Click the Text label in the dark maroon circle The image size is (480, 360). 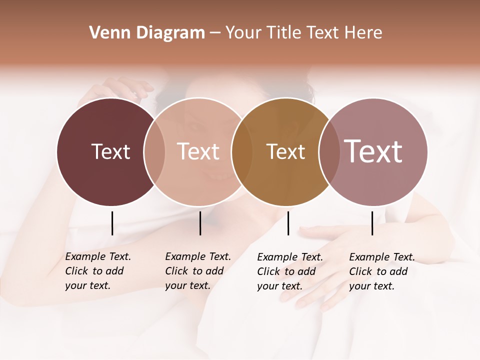click(110, 152)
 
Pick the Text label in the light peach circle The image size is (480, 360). click(198, 152)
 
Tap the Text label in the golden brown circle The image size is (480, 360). click(285, 152)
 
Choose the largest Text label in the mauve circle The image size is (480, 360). click(373, 151)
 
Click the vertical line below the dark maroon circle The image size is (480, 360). click(112, 223)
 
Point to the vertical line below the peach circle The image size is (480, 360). click(200, 223)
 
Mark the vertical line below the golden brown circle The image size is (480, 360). click(288, 223)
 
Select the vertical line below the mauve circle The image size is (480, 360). click(372, 223)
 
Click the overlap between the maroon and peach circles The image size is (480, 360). click(154, 152)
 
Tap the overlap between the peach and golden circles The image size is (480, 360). click(241, 152)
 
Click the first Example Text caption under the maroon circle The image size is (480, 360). click(97, 271)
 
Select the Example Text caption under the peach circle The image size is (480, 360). click(197, 271)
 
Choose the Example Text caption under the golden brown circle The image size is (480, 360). click(289, 271)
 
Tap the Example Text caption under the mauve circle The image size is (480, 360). click(381, 271)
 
